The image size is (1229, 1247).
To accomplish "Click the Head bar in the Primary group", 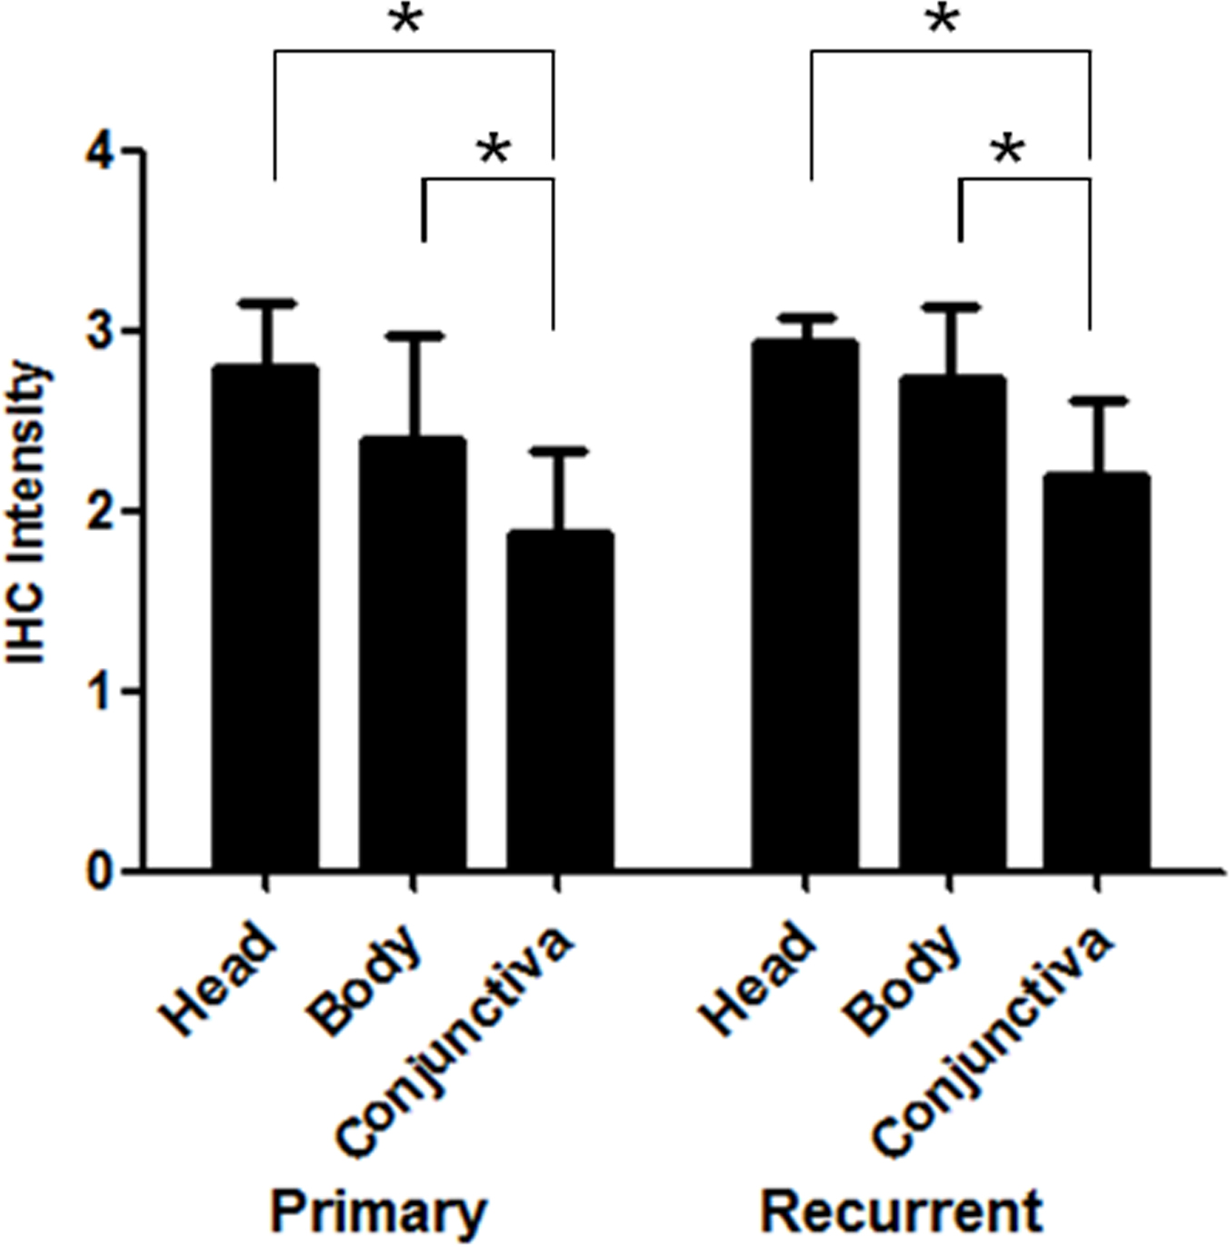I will point(265,618).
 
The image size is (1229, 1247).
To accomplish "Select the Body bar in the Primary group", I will point(413,654).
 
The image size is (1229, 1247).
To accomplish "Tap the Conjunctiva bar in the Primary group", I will point(558,700).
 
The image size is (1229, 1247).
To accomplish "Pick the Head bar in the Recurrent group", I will point(804,604).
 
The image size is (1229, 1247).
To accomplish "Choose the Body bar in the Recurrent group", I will point(952,623).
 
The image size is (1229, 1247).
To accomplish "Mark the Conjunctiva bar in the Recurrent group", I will point(1096,673).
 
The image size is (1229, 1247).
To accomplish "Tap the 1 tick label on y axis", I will point(102,692).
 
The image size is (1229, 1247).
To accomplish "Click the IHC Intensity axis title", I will point(29,514).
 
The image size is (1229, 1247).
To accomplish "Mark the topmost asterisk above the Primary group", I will point(406,20).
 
